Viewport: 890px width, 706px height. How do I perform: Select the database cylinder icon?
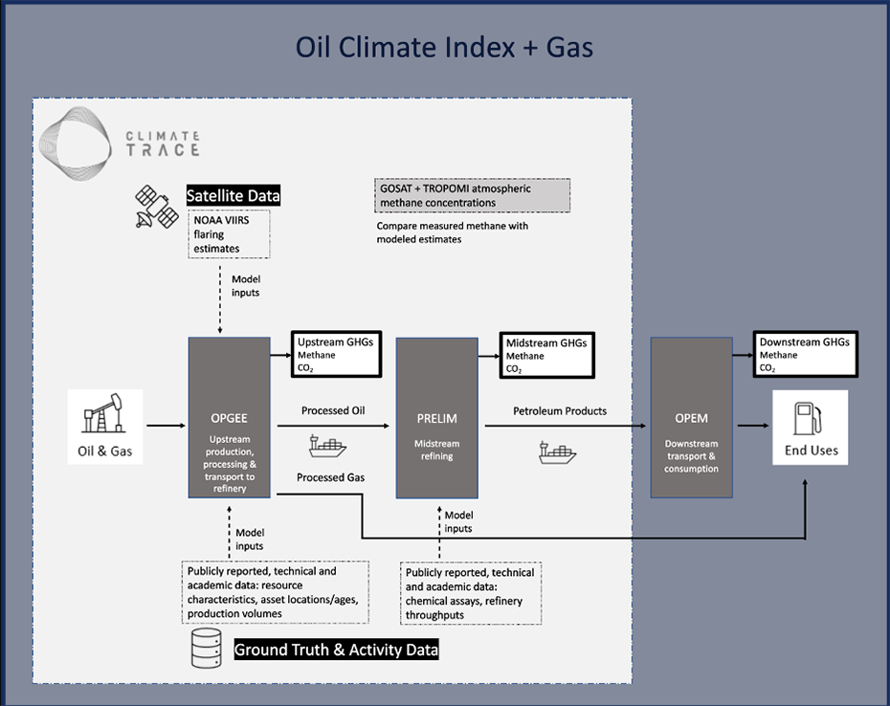[x=207, y=650]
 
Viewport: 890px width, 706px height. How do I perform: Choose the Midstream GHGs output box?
[x=545, y=354]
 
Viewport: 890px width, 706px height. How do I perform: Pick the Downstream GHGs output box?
[x=803, y=354]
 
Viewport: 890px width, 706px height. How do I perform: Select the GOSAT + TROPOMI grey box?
[x=474, y=195]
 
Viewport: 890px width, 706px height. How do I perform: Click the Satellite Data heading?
[x=234, y=196]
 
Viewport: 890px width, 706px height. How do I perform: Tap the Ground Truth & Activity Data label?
[x=337, y=651]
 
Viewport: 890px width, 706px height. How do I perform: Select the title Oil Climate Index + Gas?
[x=444, y=47]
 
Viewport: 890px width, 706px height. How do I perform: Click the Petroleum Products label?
[x=560, y=410]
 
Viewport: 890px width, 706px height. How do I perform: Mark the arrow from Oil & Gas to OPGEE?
[x=167, y=424]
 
